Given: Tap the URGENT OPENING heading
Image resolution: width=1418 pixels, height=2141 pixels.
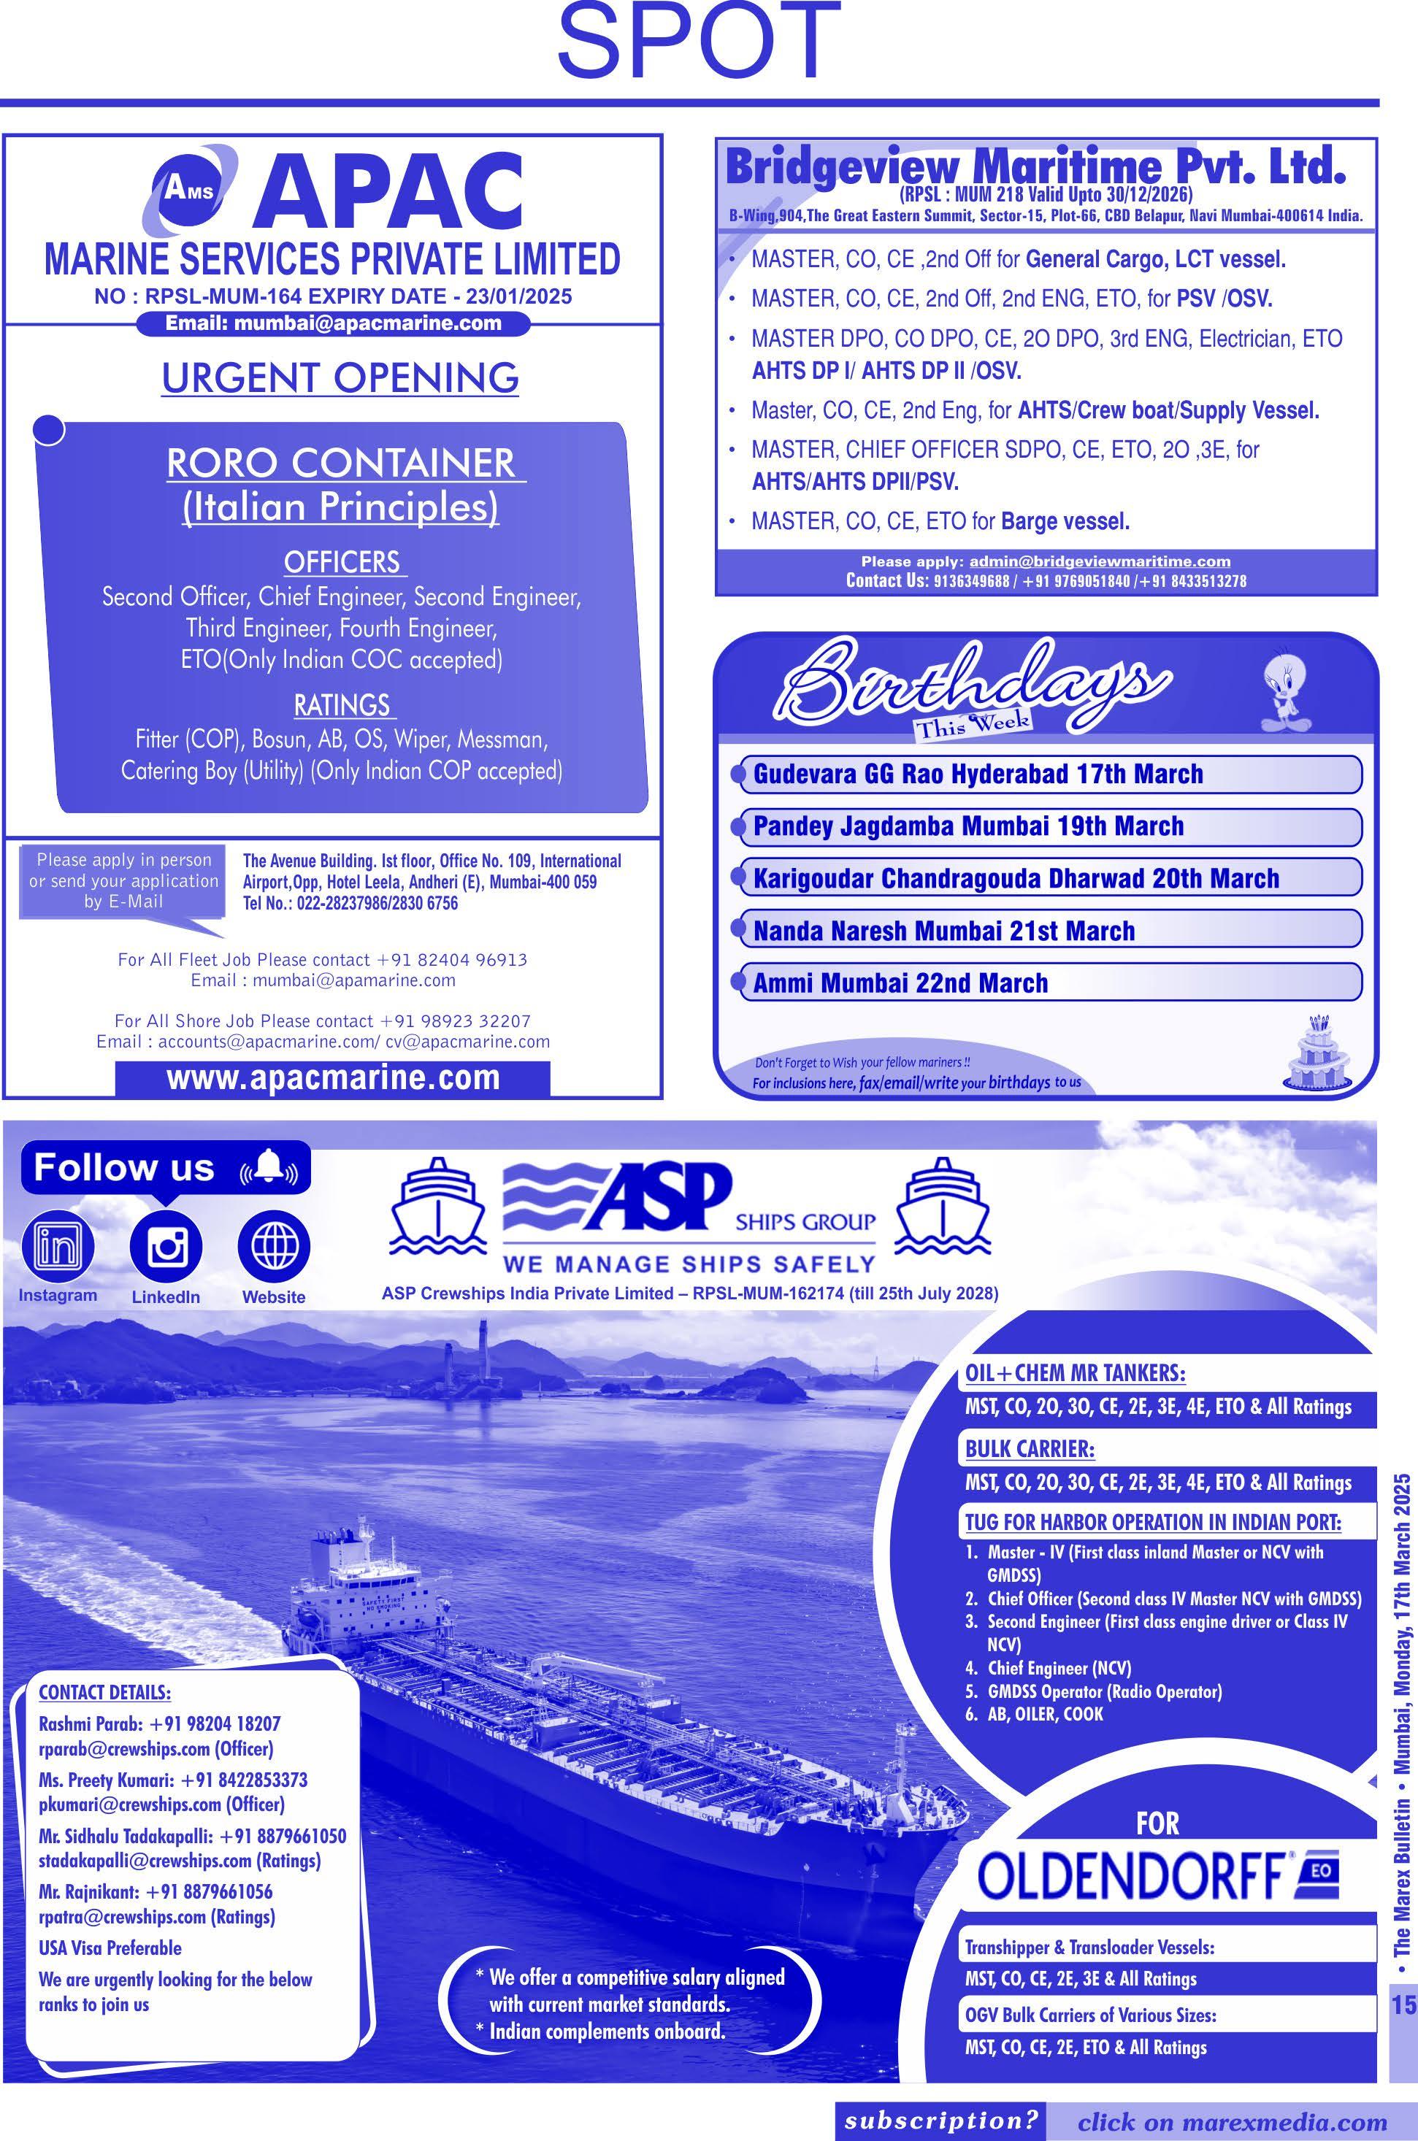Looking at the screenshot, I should tap(340, 377).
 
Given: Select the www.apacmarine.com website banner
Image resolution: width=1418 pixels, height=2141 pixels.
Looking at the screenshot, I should tap(333, 1077).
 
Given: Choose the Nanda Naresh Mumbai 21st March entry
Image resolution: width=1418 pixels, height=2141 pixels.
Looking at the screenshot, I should tap(943, 931).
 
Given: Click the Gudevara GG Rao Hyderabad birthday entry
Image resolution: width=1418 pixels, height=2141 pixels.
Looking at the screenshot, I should tap(978, 774).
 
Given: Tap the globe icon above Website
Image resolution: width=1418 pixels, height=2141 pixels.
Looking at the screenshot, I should tap(274, 1247).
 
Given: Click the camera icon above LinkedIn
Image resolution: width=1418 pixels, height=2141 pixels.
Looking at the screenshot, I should tap(166, 1247).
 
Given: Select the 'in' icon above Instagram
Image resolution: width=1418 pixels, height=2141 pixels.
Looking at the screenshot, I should tap(57, 1247).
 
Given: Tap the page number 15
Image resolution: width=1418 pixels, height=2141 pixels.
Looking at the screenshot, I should tap(1403, 1922).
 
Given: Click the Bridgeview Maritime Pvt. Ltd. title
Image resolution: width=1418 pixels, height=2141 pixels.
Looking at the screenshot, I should tap(1035, 167).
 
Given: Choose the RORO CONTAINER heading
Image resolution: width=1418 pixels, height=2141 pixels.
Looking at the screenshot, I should tap(340, 463).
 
